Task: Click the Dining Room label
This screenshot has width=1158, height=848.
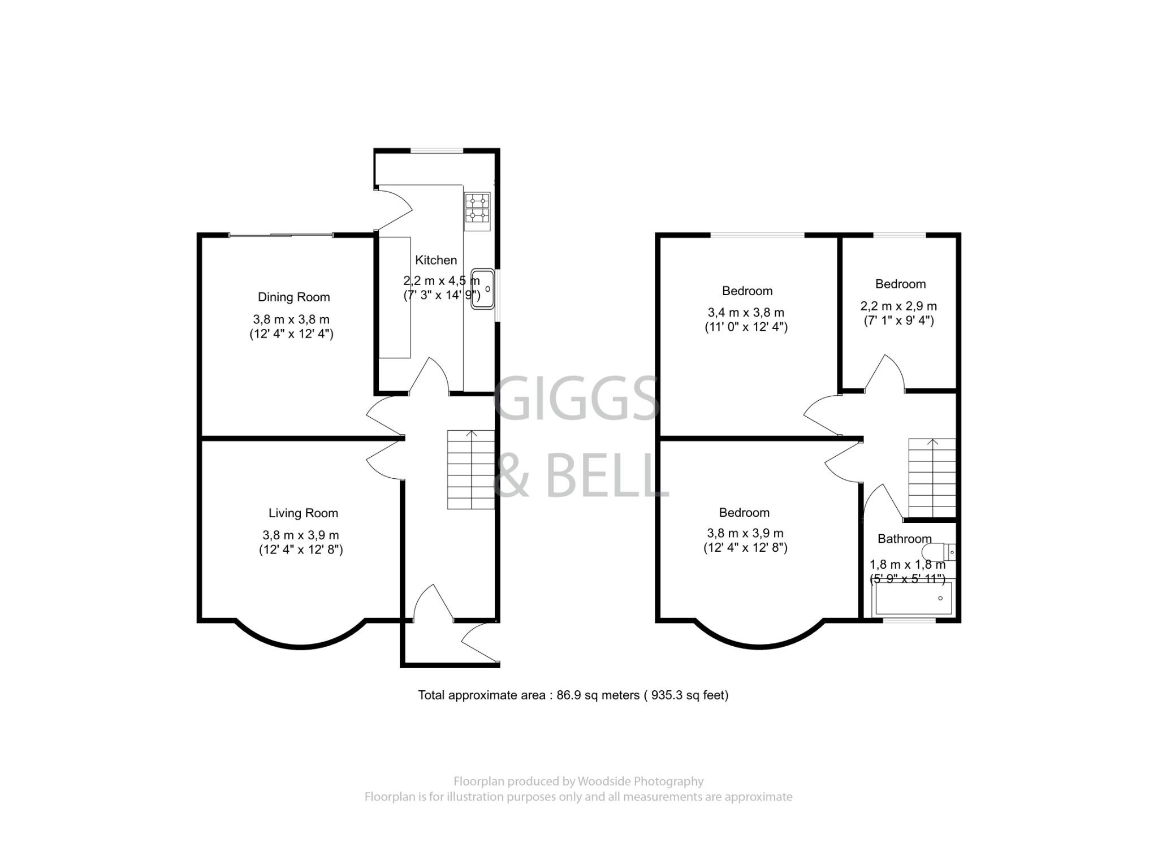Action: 293,297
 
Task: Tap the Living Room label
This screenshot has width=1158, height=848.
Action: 303,513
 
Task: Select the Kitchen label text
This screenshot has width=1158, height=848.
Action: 436,260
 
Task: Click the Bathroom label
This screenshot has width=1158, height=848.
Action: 904,539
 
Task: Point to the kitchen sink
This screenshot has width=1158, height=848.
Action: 483,289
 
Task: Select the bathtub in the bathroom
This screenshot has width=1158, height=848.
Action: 913,598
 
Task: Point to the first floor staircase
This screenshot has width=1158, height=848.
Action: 932,478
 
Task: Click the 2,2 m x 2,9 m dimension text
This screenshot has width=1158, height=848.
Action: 898,306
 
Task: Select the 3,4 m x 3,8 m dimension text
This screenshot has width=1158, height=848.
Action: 746,313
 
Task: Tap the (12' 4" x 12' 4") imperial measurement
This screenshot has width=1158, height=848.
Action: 292,334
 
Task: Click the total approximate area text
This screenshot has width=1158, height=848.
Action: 573,695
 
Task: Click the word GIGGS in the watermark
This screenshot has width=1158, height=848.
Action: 577,400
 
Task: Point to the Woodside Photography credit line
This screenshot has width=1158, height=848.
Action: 578,781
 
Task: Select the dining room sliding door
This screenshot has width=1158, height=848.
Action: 281,235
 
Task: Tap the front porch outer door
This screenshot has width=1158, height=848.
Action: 479,642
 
